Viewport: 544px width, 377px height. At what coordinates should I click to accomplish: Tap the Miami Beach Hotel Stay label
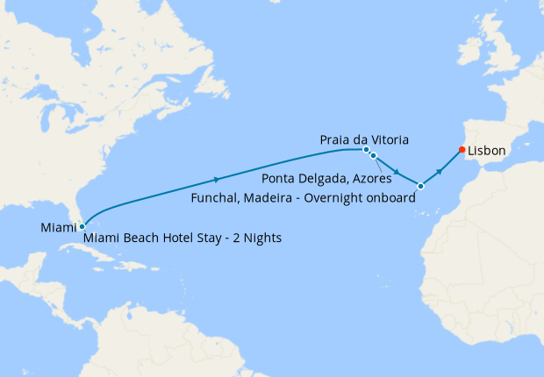click(x=183, y=238)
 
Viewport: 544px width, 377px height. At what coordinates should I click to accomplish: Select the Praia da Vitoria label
click(x=363, y=140)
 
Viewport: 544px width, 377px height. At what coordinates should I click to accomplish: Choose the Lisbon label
click(x=487, y=151)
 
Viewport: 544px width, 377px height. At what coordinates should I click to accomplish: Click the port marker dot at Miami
click(x=82, y=226)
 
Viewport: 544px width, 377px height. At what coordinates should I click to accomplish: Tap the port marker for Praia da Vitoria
click(x=366, y=149)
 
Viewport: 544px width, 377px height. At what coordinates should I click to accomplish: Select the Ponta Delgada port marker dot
click(x=373, y=155)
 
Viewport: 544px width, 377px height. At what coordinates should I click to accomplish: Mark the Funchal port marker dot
click(x=421, y=186)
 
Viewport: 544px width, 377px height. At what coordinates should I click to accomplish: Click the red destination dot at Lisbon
click(x=462, y=149)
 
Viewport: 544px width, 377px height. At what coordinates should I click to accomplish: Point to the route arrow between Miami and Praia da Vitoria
click(x=218, y=180)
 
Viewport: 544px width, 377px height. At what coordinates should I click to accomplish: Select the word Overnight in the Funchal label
click(x=330, y=198)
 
